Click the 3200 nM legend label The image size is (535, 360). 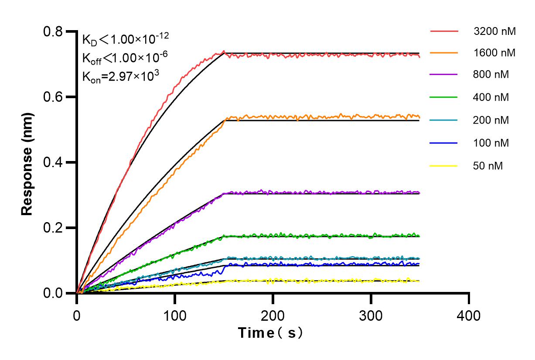click(494, 31)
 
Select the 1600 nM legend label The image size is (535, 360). click(494, 53)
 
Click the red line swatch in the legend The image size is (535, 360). click(444, 31)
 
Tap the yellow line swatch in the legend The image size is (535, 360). click(444, 166)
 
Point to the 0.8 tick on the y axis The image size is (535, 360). click(53, 31)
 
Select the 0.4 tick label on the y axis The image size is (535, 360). click(53, 162)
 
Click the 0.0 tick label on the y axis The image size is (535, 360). click(53, 293)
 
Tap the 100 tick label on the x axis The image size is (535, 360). click(175, 314)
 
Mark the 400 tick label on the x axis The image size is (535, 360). click(469, 314)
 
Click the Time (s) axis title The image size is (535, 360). click(270, 333)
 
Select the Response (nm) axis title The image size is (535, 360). click(27, 162)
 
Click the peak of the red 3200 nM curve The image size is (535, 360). click(224, 51)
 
